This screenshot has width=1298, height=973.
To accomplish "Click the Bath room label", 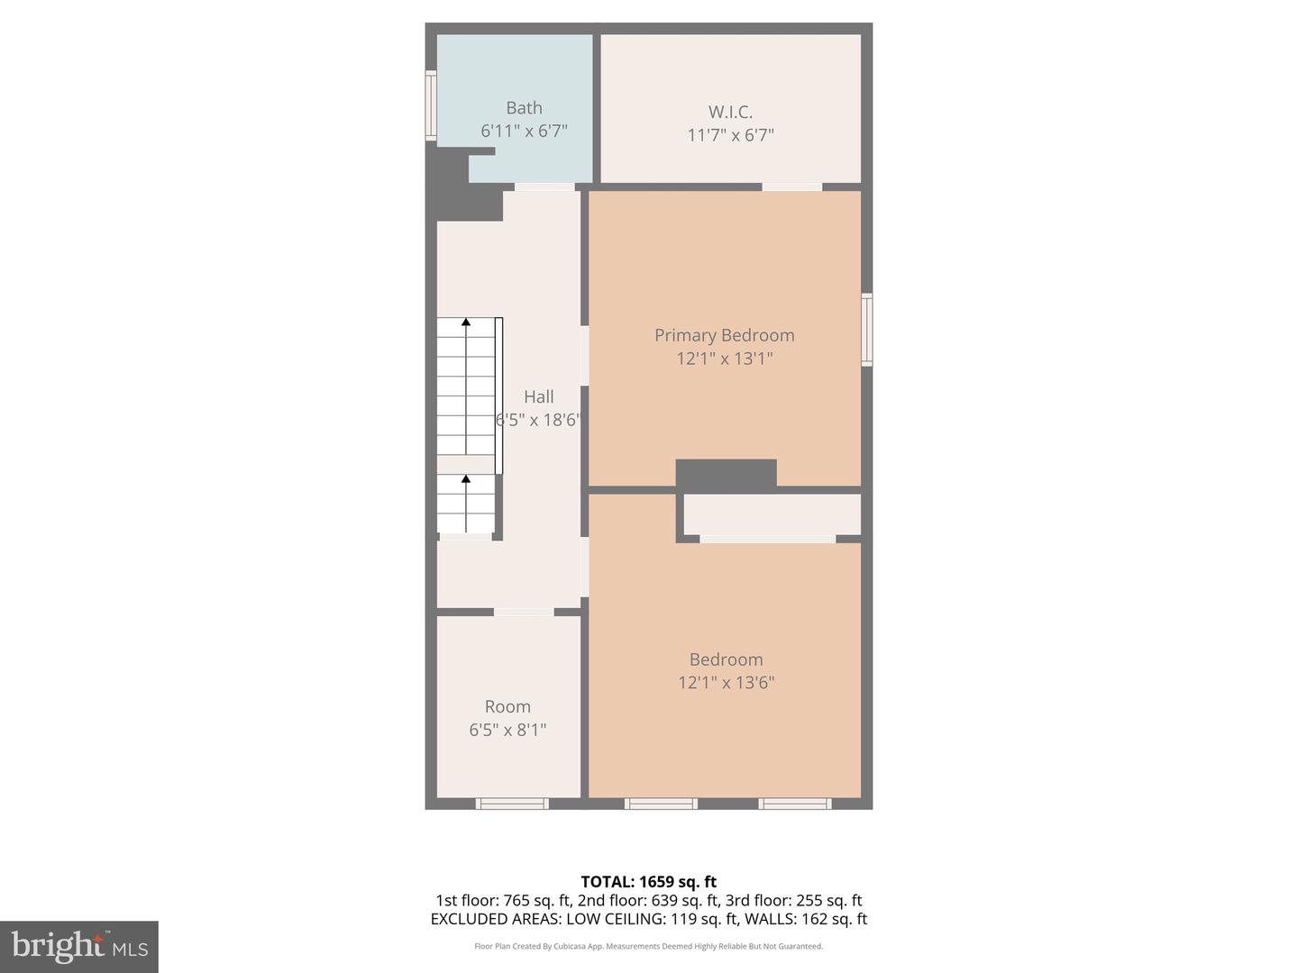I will [x=524, y=108].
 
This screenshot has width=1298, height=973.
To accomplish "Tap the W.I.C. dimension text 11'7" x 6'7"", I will [x=730, y=135].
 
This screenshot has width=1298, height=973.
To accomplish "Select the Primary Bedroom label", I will [x=724, y=335].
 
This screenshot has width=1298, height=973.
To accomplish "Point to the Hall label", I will [x=539, y=396].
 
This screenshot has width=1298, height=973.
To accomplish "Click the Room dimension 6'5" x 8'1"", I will [x=507, y=730].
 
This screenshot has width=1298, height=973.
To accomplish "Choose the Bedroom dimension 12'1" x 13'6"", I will [x=726, y=683].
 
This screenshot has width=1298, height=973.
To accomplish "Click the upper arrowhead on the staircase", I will [x=466, y=321].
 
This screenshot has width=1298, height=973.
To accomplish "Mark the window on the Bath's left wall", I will [x=431, y=105].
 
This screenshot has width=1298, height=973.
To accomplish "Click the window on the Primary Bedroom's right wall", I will [x=866, y=329].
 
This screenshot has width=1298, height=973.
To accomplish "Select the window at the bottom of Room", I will [x=512, y=803].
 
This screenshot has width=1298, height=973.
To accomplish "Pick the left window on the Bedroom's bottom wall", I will [x=661, y=803].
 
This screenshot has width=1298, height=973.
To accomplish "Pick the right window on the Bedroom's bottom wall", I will [x=794, y=803].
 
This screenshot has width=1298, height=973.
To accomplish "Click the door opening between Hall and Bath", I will [x=544, y=187].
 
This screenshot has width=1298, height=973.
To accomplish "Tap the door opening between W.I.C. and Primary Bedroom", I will [x=791, y=187].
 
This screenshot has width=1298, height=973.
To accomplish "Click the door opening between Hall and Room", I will [x=524, y=613].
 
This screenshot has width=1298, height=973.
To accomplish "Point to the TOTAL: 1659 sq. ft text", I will [x=648, y=881].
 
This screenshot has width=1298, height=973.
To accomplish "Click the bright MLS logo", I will [x=78, y=946].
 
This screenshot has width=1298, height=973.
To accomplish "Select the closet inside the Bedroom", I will [x=772, y=514].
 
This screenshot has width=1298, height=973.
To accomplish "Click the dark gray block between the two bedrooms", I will [x=726, y=475].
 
